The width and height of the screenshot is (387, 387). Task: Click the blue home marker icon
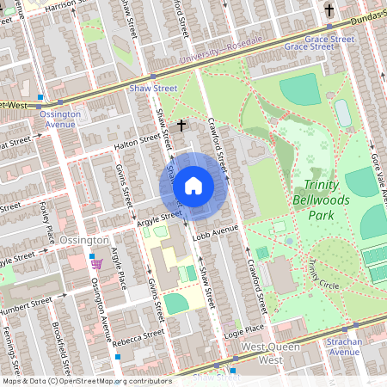click(x=193, y=185)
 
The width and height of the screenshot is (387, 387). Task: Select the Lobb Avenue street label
click(x=214, y=230)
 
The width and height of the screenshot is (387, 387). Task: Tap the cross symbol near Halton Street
click(x=181, y=126)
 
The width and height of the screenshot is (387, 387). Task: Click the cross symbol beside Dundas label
click(x=329, y=10)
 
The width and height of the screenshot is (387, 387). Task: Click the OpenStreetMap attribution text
click(x=86, y=380)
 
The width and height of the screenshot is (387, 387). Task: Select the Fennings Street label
click(x=10, y=344)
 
